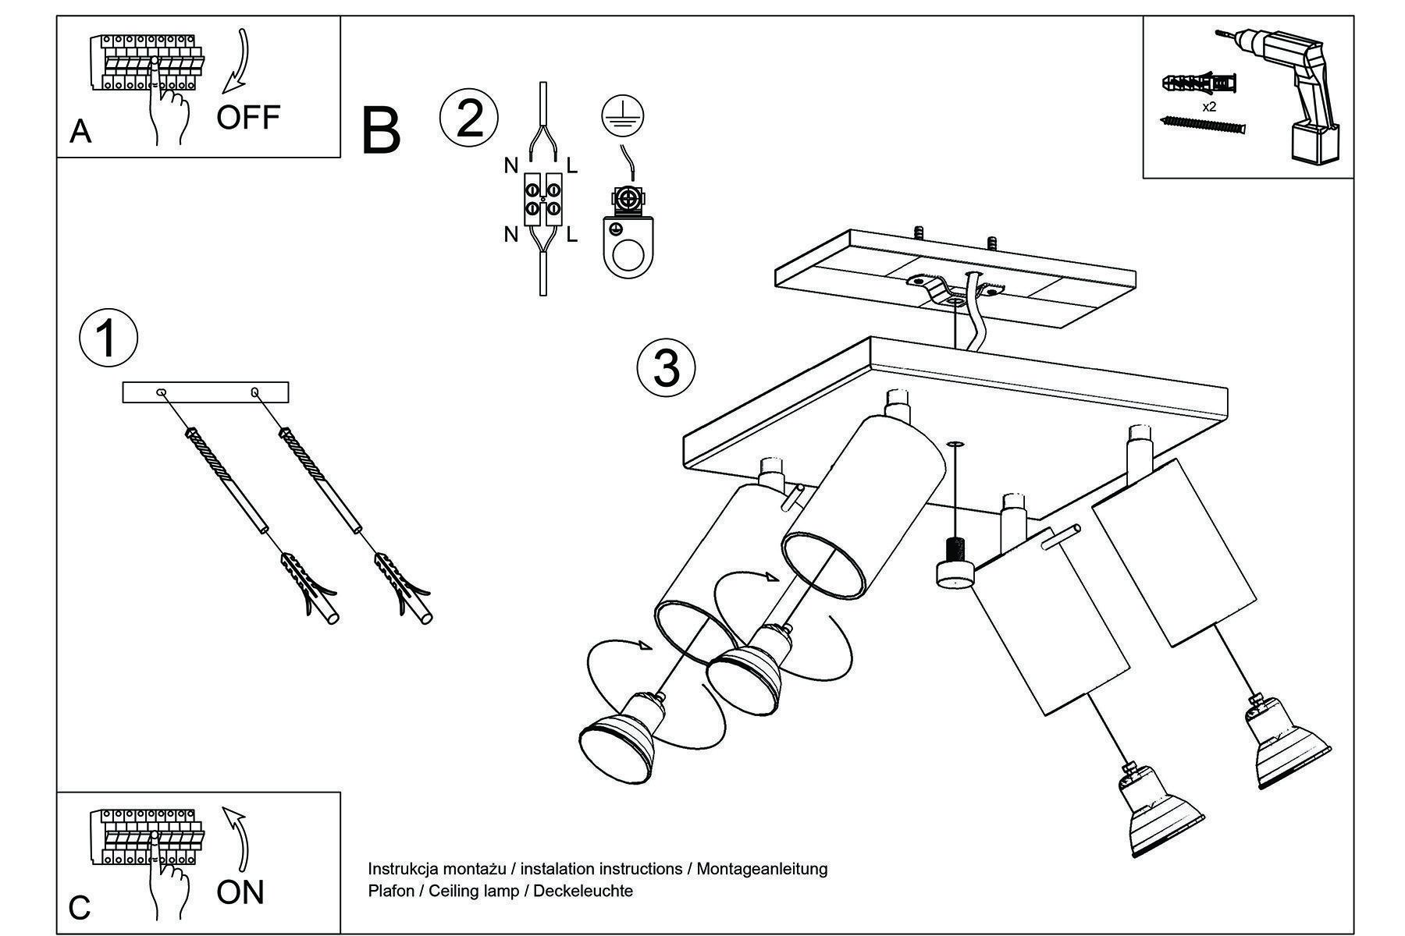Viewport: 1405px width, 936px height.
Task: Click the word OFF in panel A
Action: click(248, 117)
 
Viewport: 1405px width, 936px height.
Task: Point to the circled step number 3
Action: click(666, 367)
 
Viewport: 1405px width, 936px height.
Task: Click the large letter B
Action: click(381, 133)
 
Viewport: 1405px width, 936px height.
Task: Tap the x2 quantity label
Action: click(1209, 107)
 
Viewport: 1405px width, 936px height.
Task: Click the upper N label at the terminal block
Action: click(511, 165)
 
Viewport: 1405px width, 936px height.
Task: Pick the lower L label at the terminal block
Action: click(572, 234)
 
